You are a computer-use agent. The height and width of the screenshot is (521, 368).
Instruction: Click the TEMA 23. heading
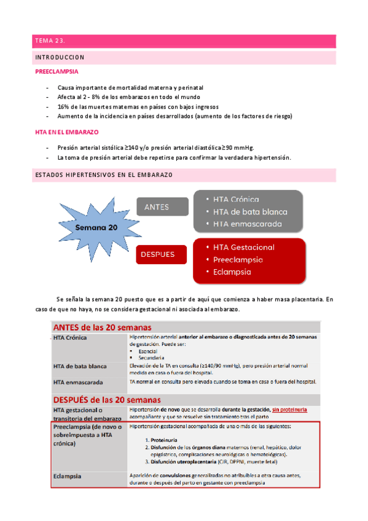pos(50,41)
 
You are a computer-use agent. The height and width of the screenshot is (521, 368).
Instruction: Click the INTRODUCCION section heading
pos(59,57)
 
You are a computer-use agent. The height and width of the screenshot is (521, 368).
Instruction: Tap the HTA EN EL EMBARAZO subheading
pos(67,132)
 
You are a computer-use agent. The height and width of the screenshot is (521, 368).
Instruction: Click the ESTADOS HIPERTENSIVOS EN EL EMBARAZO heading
pos(103,175)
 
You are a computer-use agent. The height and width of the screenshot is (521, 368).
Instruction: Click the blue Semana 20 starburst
pos(96,227)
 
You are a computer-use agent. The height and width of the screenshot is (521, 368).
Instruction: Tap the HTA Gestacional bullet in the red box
pos(244,247)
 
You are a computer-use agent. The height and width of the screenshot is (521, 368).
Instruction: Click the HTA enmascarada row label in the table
pos(78,382)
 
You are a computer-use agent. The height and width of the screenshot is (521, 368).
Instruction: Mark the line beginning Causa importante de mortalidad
pos(130,88)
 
